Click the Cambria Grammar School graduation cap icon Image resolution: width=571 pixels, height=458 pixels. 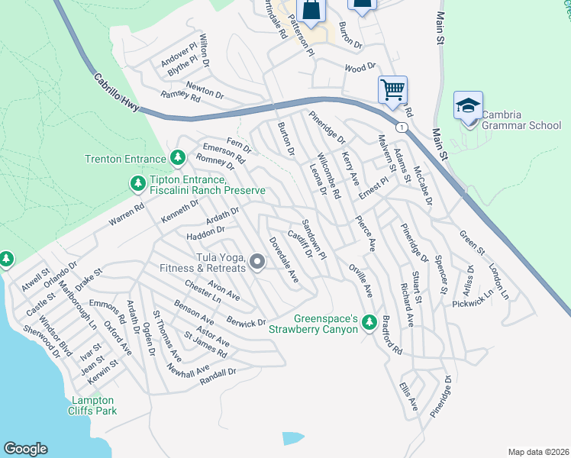[467, 105]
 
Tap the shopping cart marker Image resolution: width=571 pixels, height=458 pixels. [392, 89]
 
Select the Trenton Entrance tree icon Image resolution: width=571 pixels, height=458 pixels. [178, 158]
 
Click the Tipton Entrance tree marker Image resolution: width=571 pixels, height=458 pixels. [137, 183]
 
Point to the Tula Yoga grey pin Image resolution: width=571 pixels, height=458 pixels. [257, 263]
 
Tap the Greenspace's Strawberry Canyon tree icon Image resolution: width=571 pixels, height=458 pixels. [369, 321]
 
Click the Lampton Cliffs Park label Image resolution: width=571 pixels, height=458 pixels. [93, 405]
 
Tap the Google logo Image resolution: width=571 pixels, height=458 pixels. [25, 449]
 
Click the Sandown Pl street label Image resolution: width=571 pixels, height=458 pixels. [313, 238]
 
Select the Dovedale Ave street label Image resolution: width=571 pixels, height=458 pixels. [282, 260]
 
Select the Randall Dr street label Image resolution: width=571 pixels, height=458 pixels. [218, 376]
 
